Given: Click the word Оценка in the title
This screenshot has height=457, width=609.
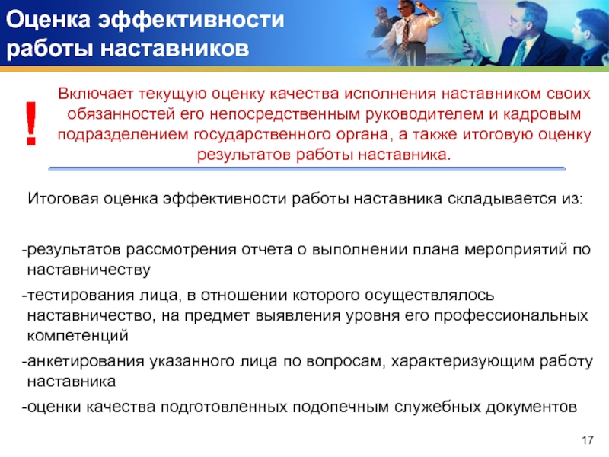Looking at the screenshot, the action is pos(48,20).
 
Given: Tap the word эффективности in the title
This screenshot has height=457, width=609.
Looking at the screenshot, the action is pos(191,21).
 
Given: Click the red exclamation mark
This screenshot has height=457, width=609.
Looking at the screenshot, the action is pos(31,123).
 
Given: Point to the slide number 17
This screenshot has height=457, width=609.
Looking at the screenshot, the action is pos(588,440).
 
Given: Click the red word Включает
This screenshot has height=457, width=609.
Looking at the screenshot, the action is pos(96,94).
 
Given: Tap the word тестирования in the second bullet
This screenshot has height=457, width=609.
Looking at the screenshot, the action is pos(81,296).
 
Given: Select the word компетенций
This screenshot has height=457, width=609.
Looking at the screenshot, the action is pos(78,335).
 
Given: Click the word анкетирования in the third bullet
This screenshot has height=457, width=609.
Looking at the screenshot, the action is pos(86,362).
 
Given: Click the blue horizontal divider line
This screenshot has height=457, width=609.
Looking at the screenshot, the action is pos(307,168).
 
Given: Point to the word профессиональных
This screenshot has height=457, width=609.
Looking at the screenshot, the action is pos(511,315).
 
